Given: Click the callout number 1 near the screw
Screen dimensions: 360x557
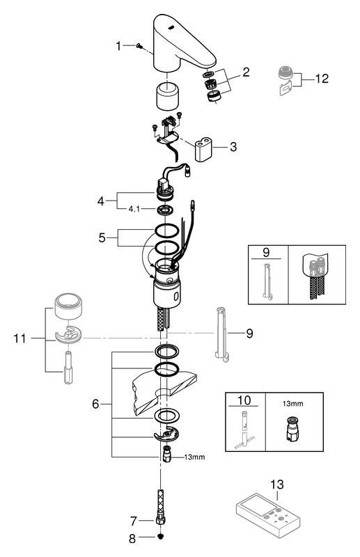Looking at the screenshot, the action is (x=118, y=46).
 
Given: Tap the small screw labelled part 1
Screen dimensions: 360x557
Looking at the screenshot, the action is (x=139, y=45).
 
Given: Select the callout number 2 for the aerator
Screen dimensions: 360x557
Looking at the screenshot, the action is (x=246, y=72).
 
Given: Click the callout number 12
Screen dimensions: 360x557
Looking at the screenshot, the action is (x=322, y=79).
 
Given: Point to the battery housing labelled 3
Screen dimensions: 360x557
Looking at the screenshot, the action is (x=203, y=149).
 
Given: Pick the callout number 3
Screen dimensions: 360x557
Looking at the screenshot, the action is (x=233, y=146).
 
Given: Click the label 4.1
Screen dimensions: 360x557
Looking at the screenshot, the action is (x=134, y=209).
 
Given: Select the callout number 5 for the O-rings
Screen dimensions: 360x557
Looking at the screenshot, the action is (x=102, y=237).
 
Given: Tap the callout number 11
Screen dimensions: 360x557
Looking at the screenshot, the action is (x=20, y=338).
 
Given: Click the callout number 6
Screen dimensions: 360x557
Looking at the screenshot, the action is (x=95, y=404).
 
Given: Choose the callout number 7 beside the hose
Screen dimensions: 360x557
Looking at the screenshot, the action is (x=133, y=521).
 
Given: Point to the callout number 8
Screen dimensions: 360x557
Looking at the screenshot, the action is (x=132, y=539).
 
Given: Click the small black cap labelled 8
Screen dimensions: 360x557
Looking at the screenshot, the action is (x=161, y=537).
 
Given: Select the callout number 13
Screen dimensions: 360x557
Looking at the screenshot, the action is (x=277, y=484).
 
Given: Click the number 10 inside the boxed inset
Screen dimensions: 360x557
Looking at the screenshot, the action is (x=244, y=400).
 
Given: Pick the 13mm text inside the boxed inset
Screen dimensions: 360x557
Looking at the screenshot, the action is (x=293, y=404).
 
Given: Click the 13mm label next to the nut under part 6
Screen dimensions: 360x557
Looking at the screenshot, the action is (x=194, y=457).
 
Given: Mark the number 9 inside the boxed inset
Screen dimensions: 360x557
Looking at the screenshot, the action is (x=266, y=253).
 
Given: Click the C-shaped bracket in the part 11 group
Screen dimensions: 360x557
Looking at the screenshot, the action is (x=68, y=335).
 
